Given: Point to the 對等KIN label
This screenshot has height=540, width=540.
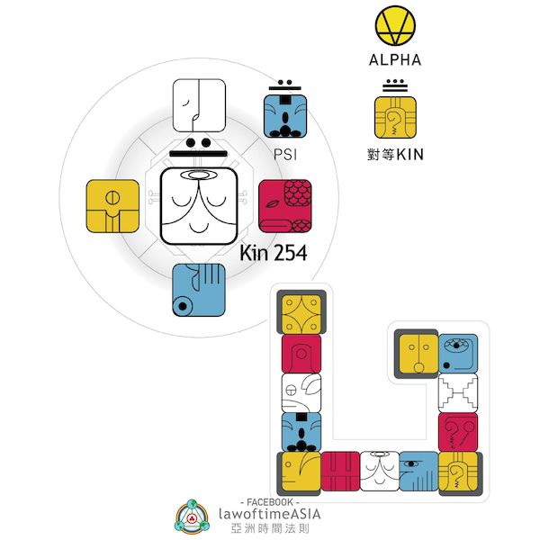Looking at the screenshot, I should point(395,154).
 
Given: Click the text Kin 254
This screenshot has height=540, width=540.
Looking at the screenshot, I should point(273,254).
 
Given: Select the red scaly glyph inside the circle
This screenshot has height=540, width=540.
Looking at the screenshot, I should point(284,203).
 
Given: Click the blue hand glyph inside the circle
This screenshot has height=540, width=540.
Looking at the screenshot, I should point(198,289).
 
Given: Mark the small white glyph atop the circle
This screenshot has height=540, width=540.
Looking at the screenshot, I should point(198,105).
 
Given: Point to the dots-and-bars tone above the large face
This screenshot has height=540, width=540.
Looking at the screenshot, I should point(198,150).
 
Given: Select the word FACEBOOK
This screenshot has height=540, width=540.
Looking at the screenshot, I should point(271,500).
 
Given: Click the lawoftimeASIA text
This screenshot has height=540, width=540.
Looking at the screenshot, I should point(271,515).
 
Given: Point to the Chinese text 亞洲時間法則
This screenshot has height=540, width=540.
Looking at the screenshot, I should point(271,530).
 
